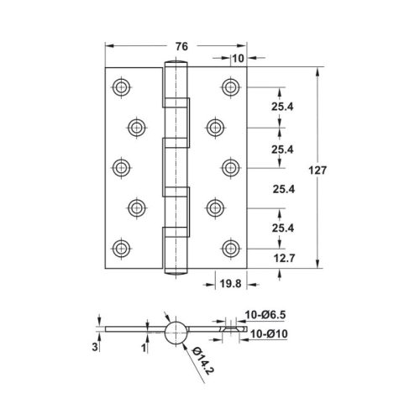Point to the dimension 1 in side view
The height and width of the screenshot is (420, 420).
(144, 345)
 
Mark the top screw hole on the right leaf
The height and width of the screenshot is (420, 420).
(231, 87)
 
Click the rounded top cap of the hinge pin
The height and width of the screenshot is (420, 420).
(176, 66)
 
